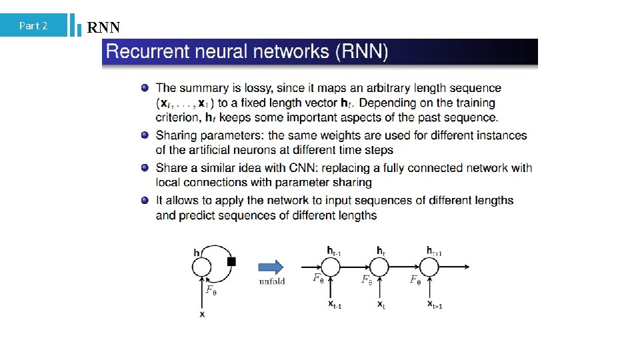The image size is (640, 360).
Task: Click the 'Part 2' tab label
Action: (33, 26)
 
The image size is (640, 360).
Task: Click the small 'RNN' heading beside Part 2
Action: (103, 27)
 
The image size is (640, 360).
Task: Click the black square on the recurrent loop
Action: (231, 261)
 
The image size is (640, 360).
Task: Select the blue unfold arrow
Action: (270, 267)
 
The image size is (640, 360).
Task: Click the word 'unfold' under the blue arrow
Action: (272, 281)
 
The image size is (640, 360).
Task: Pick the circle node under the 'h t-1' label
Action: (331, 267)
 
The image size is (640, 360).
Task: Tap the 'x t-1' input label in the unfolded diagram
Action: (335, 304)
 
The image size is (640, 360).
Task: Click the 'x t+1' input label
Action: (435, 304)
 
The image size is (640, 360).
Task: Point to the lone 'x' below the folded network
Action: (202, 313)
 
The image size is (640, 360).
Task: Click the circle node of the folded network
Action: (201, 267)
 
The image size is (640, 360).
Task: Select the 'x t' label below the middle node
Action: (381, 304)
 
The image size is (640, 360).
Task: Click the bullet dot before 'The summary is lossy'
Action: (145, 88)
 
